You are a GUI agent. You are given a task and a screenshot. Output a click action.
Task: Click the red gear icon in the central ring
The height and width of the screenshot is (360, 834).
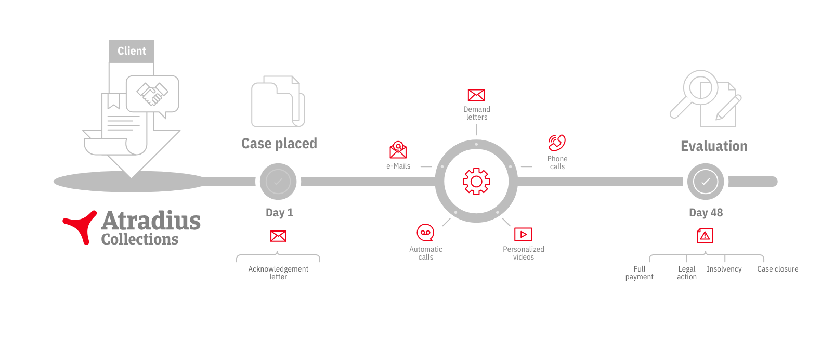pyautogui.click(x=476, y=182)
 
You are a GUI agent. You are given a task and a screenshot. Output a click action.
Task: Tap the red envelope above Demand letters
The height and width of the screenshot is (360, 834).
pyautogui.click(x=476, y=95)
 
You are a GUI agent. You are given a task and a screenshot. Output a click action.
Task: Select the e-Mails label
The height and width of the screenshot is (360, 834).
pyautogui.click(x=398, y=166)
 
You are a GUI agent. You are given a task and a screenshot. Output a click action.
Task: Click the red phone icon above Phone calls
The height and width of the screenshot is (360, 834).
pyautogui.click(x=557, y=143)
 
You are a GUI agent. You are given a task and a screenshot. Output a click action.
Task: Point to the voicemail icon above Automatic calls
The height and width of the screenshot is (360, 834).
pyautogui.click(x=425, y=233)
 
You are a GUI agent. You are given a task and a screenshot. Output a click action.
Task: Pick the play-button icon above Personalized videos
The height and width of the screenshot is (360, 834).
pyautogui.click(x=523, y=235)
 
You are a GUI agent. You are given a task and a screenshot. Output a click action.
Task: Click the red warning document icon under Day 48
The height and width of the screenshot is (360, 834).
pyautogui.click(x=705, y=236)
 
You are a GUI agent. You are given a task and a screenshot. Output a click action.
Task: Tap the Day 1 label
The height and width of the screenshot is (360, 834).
pyautogui.click(x=279, y=213)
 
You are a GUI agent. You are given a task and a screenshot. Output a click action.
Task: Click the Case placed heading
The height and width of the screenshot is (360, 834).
pyautogui.click(x=279, y=144)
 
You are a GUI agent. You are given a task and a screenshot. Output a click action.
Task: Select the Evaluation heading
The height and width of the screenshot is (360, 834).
pyautogui.click(x=714, y=146)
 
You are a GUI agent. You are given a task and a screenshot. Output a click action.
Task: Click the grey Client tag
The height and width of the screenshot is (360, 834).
pyautogui.click(x=132, y=51)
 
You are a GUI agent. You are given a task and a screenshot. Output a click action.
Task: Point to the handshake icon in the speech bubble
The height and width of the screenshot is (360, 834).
pyautogui.click(x=152, y=94)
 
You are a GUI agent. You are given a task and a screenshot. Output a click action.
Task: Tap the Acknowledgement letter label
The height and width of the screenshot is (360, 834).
pyautogui.click(x=278, y=273)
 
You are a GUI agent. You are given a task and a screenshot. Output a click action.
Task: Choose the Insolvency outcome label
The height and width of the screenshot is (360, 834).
pyautogui.click(x=724, y=269)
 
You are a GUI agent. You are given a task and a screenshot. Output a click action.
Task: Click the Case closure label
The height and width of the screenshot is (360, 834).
pyautogui.click(x=778, y=269)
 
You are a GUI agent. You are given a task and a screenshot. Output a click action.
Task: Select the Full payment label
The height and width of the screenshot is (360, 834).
pyautogui.click(x=639, y=273)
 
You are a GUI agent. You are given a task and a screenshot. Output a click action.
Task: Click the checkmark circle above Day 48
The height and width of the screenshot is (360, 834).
pyautogui.click(x=706, y=182)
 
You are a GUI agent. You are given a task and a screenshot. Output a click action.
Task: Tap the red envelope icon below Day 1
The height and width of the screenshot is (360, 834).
pyautogui.click(x=278, y=236)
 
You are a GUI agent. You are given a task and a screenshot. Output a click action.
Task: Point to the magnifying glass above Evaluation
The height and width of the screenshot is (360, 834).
pyautogui.click(x=695, y=93)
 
